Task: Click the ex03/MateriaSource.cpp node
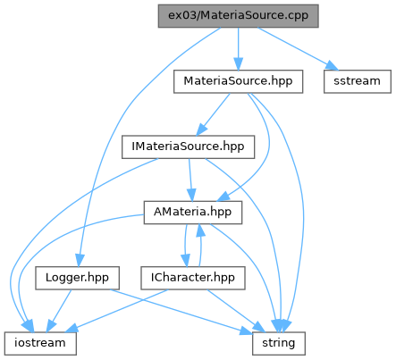click(x=238, y=16)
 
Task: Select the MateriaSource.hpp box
click(x=238, y=81)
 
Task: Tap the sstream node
click(x=358, y=81)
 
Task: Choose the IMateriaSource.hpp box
click(x=188, y=147)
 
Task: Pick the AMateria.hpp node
click(x=193, y=213)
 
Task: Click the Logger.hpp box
click(x=77, y=278)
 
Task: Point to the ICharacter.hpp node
click(x=193, y=278)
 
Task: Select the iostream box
click(x=40, y=343)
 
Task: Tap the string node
click(x=279, y=343)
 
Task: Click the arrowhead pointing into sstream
click(x=332, y=65)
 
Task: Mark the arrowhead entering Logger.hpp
click(x=80, y=261)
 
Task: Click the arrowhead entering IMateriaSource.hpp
click(x=202, y=130)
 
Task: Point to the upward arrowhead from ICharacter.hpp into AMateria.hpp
click(x=200, y=230)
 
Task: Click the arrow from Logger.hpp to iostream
click(x=59, y=311)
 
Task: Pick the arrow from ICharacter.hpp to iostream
click(x=116, y=311)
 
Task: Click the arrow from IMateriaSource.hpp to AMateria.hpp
click(x=190, y=180)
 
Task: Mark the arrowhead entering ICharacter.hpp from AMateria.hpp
click(x=186, y=261)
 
